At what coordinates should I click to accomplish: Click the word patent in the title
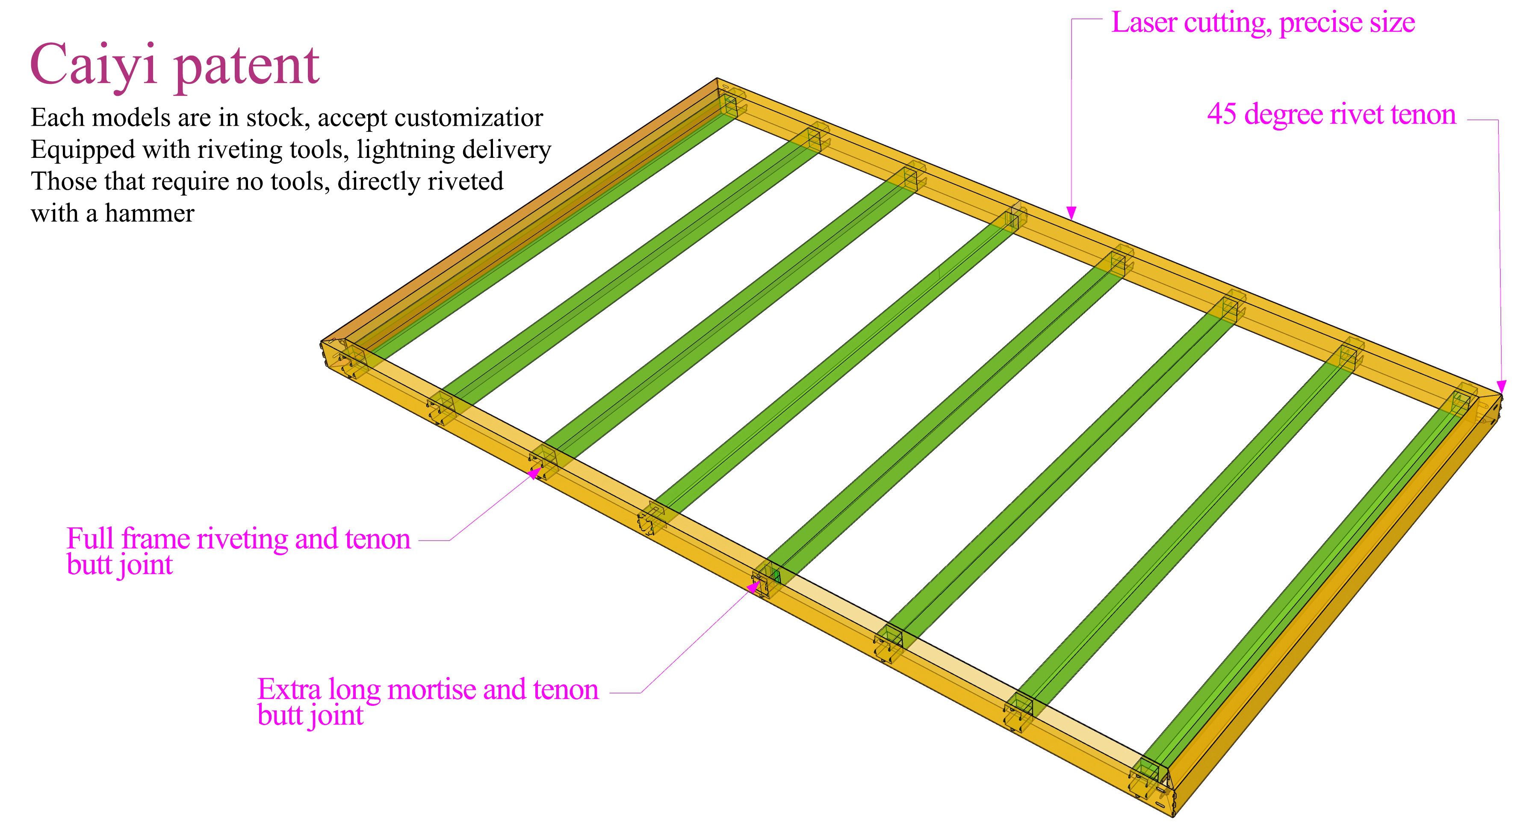pos(247,67)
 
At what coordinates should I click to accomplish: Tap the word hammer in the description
pos(149,213)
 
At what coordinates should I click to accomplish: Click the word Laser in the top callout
pos(1144,23)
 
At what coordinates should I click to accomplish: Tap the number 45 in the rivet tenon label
pos(1222,114)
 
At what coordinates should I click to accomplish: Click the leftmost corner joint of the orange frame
pos(334,356)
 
